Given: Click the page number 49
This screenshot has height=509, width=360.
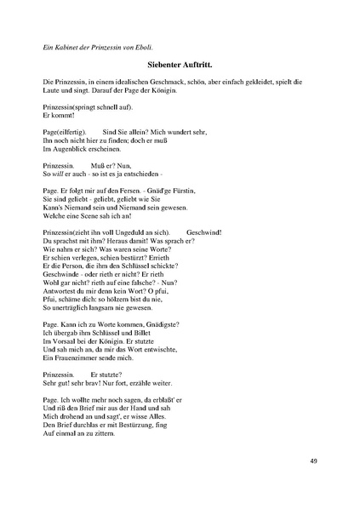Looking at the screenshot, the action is (x=314, y=461).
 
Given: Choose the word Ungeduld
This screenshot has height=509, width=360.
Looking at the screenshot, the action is (x=126, y=232).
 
